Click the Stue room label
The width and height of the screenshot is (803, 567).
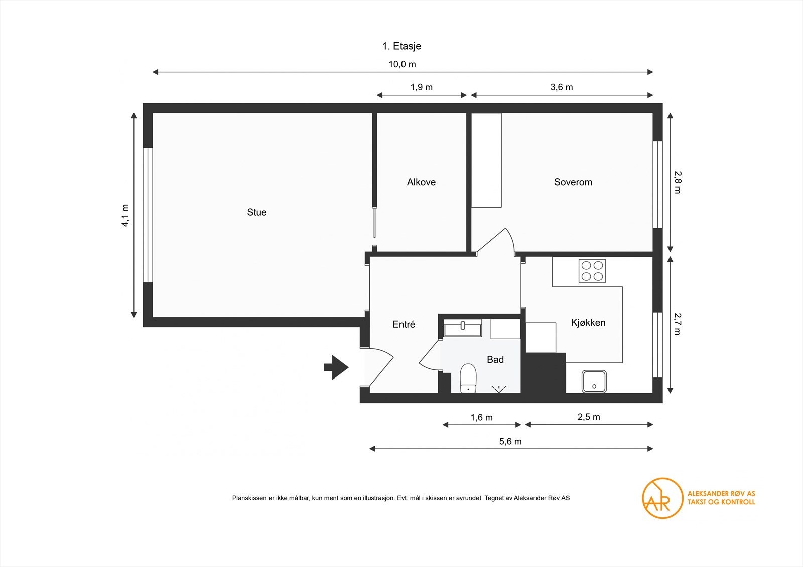[256, 212]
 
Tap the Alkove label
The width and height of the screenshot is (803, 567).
[421, 182]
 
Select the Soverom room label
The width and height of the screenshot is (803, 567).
[573, 182]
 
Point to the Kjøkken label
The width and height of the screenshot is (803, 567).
[588, 323]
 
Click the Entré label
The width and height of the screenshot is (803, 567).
[404, 324]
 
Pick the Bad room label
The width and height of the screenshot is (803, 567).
[495, 359]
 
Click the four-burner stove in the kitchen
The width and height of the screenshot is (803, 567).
[592, 271]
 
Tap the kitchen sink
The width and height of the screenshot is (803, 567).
[594, 381]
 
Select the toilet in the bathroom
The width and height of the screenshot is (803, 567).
[468, 378]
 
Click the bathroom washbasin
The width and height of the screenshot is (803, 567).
[463, 328]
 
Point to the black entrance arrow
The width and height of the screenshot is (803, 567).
[336, 367]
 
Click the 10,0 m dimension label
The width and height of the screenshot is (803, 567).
[402, 64]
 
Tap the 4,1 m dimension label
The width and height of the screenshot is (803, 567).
[125, 215]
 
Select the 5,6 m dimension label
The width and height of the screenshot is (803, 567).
[510, 441]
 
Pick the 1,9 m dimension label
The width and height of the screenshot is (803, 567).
[421, 87]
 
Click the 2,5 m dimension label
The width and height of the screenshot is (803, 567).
[589, 417]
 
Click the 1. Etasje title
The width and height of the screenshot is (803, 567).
[401, 46]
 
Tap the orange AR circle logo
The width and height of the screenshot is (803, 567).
[662, 498]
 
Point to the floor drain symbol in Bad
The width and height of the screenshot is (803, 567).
[499, 389]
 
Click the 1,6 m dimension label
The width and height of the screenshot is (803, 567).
[481, 417]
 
